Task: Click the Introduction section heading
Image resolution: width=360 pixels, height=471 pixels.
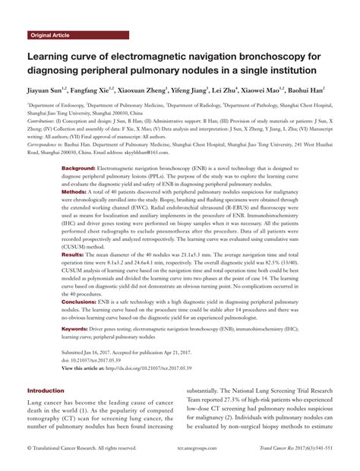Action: (46, 390)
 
